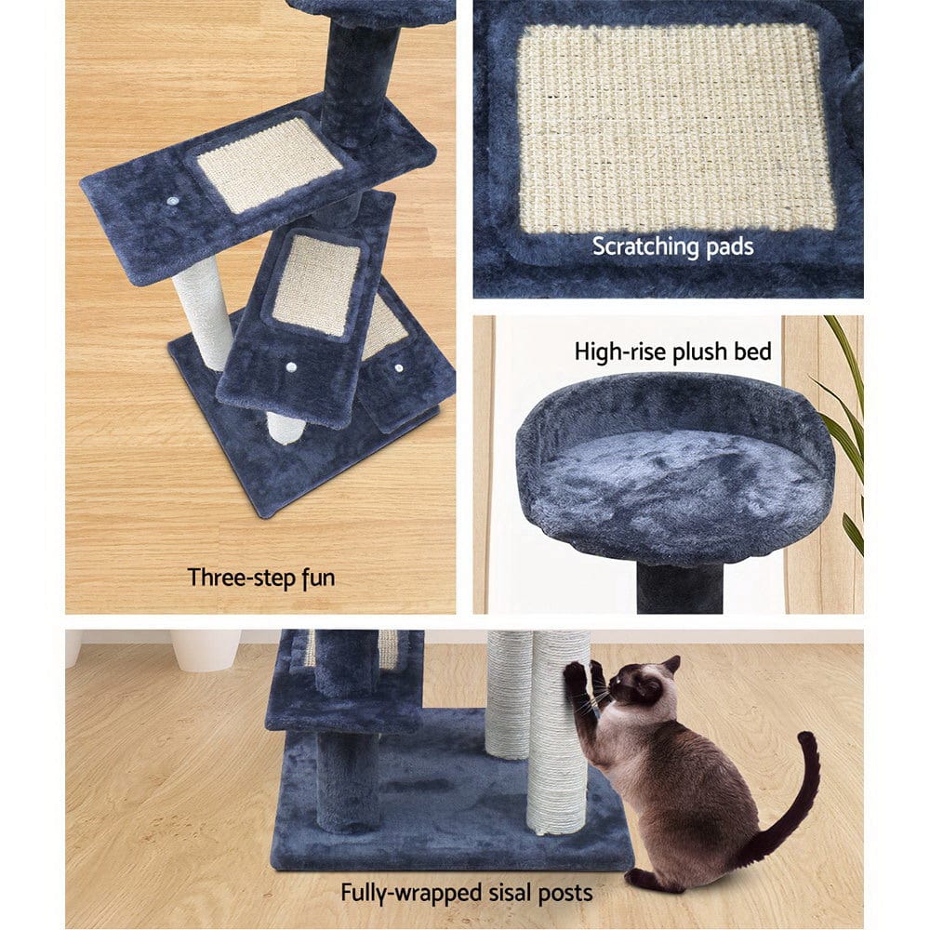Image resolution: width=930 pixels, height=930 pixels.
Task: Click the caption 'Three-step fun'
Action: click(260, 578)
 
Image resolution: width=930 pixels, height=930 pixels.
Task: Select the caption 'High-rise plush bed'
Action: click(672, 352)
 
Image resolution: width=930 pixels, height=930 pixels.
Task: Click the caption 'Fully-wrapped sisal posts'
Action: click(466, 894)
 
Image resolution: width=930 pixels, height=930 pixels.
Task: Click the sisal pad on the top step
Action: click(270, 164)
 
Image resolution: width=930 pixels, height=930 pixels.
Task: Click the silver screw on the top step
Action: click(174, 201)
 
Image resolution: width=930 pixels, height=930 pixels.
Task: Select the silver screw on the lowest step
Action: click(399, 368)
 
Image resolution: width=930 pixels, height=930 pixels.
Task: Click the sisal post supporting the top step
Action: click(202, 312)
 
